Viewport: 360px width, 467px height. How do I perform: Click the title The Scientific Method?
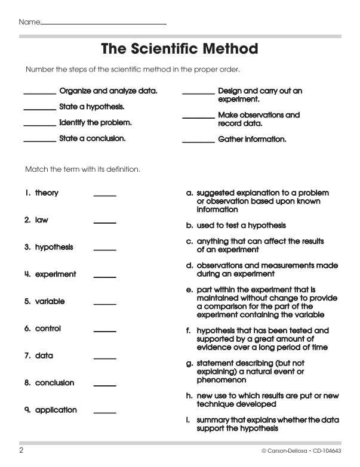click(179, 49)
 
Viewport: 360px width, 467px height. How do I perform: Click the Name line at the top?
click(103, 23)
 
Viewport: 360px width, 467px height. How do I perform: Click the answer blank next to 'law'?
click(105, 222)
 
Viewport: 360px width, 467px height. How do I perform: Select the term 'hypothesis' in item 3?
click(54, 248)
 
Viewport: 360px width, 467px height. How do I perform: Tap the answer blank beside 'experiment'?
click(105, 277)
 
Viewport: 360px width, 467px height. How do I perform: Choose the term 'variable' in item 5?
click(50, 302)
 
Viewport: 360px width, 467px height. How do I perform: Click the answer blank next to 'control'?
click(105, 331)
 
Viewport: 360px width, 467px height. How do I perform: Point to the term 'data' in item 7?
click(44, 356)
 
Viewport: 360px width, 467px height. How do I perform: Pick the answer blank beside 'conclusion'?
click(105, 385)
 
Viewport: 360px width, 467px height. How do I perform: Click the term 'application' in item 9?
click(56, 410)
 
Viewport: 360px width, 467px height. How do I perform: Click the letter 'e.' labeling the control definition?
click(189, 290)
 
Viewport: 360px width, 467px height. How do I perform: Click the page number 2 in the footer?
click(21, 450)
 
